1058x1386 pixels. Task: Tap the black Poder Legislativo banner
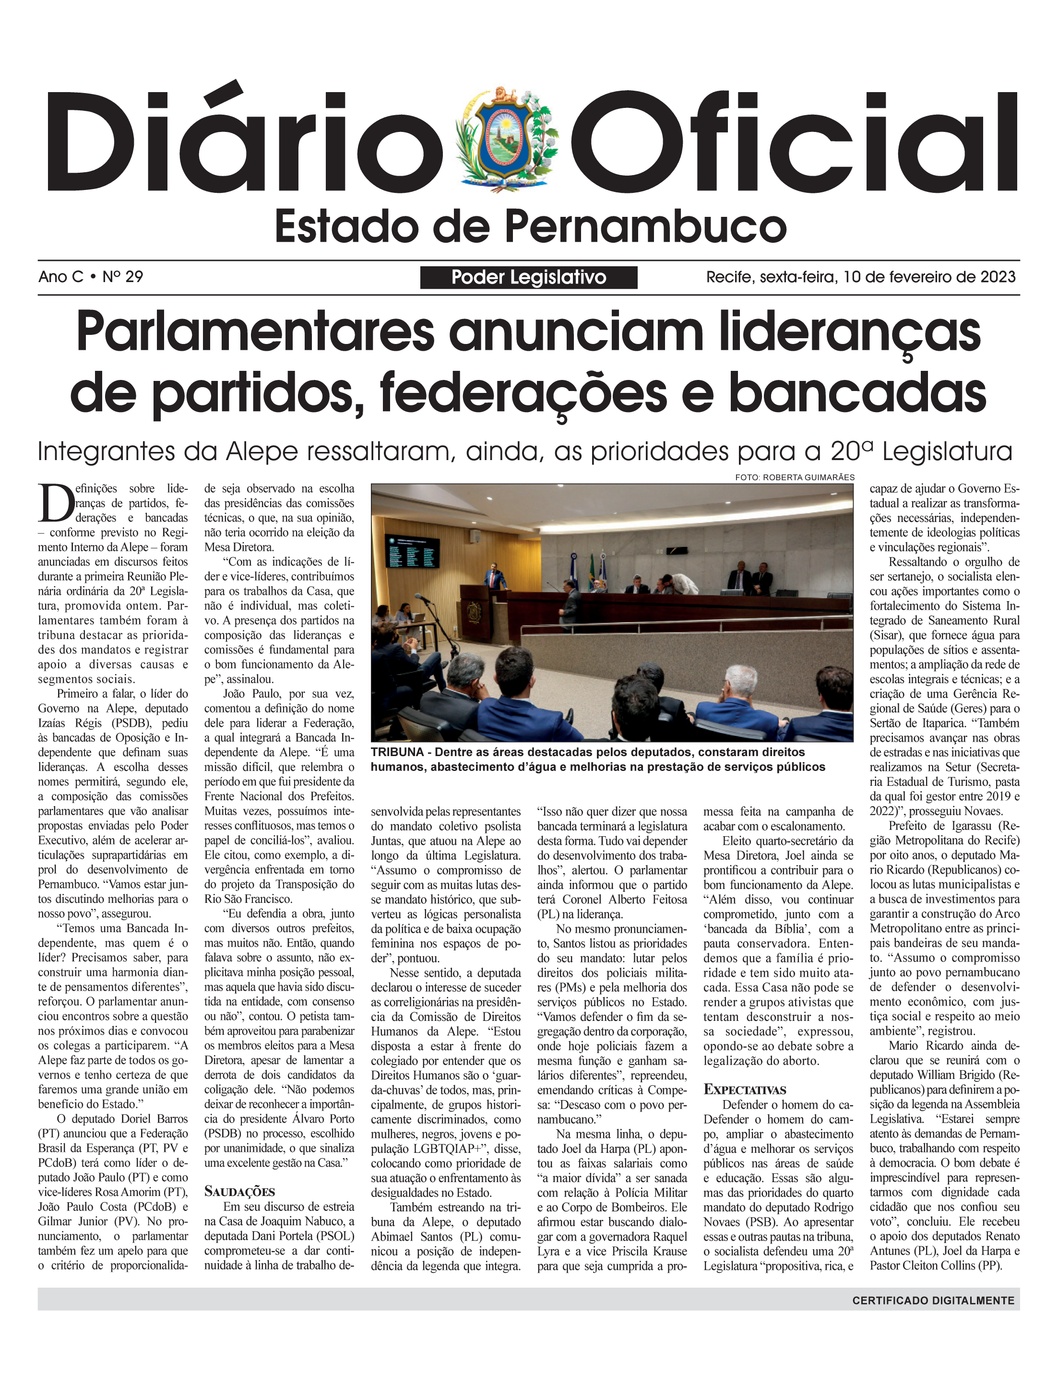click(x=528, y=277)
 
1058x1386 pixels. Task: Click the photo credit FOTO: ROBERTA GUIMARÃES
click(x=794, y=477)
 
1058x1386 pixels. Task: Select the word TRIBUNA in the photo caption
click(x=397, y=752)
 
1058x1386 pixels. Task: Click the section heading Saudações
click(x=239, y=1191)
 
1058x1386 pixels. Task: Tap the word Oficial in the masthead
click(x=796, y=141)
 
